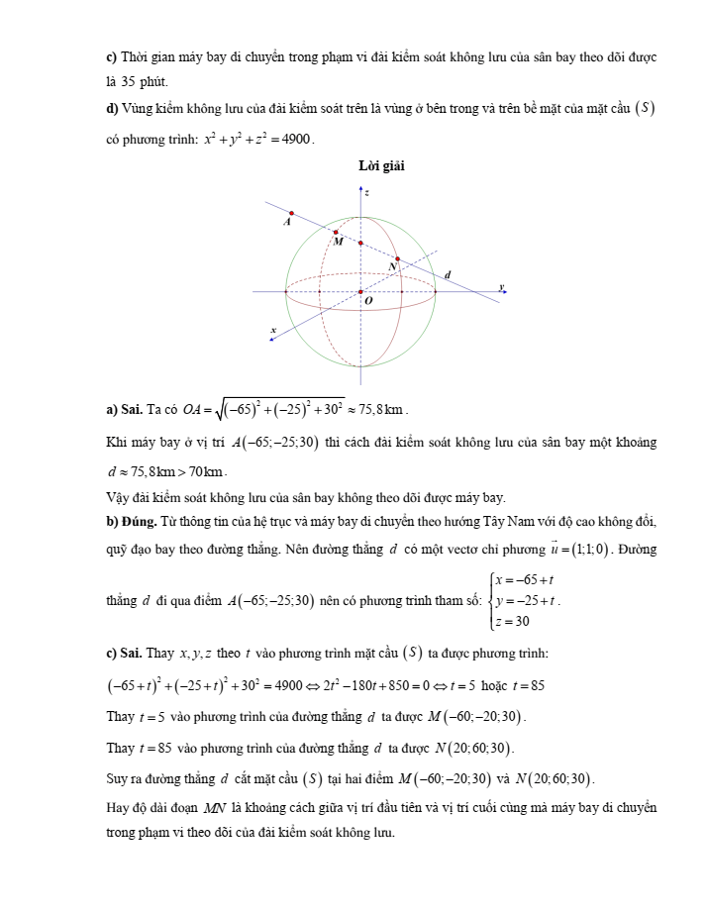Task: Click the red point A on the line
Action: click(291, 213)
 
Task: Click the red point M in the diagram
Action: click(336, 233)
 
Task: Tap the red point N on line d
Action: click(397, 257)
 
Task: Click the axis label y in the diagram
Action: click(501, 286)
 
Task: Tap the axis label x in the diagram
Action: click(273, 329)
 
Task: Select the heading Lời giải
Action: click(381, 166)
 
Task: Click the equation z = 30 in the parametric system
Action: click(515, 621)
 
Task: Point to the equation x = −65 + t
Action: click(525, 581)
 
